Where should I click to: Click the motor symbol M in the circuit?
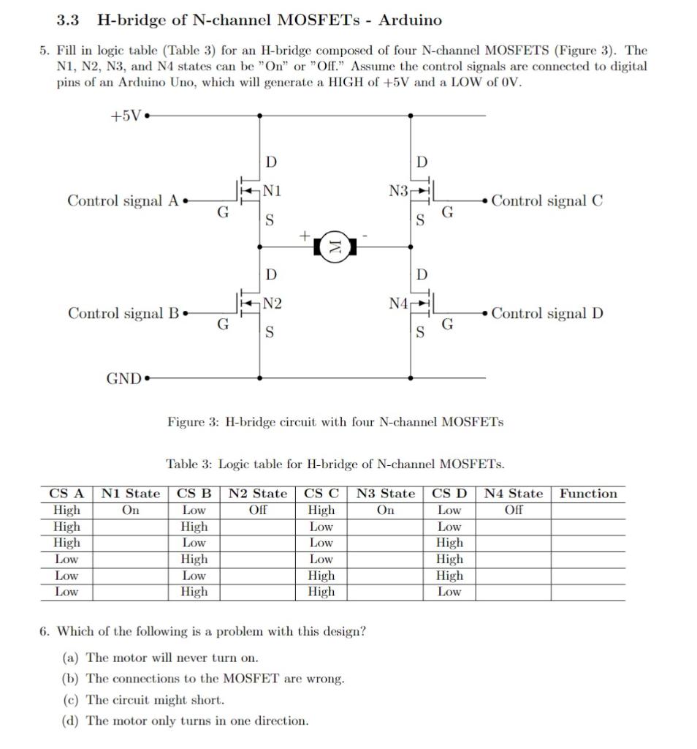335,246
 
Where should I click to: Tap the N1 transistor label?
273,190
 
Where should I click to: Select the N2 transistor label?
273,303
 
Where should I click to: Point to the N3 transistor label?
399,190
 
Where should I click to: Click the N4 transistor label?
399,303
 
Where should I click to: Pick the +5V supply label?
126,116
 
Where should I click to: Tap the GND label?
123,378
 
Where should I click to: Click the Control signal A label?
123,200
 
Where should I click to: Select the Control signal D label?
547,313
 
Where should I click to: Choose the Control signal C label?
547,200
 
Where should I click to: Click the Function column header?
588,494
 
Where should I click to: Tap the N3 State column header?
386,494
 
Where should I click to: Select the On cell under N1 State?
131,510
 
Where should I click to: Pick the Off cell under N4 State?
514,510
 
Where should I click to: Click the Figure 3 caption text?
335,422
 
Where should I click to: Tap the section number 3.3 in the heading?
67,20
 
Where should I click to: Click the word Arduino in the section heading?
410,20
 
